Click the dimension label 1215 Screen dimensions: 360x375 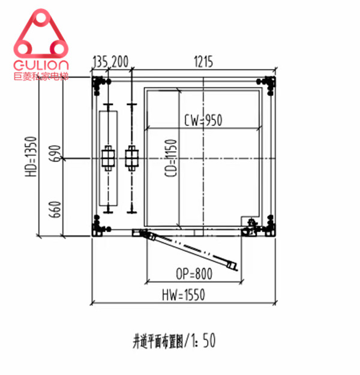coord(203,62)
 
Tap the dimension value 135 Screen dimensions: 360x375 coord(100,61)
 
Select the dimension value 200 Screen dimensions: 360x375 coord(120,61)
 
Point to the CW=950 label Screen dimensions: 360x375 coord(203,120)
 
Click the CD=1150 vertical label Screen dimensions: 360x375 coord(171,158)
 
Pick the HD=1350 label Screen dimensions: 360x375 coord(31,157)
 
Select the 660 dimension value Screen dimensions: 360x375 coord(55,209)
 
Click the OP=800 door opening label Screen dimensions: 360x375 coord(194,274)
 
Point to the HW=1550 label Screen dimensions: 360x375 coord(184,295)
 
